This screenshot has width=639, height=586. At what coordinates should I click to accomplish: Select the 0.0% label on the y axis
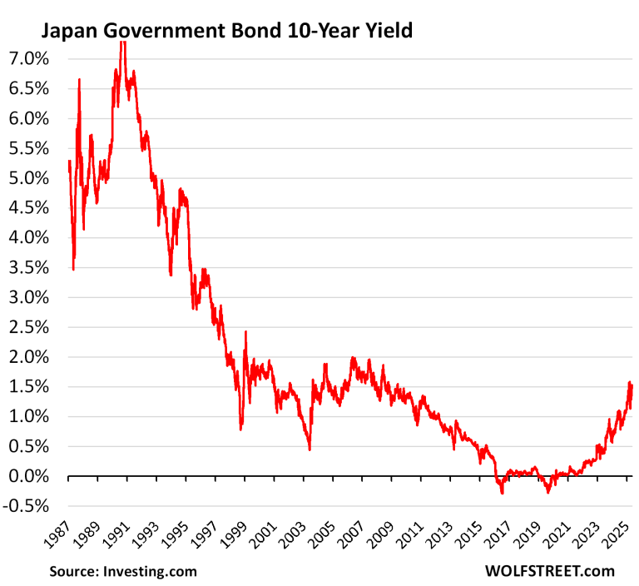[30, 476]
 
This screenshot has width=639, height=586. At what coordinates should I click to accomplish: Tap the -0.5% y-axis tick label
[28, 506]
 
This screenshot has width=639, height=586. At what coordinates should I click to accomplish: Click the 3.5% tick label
[30, 267]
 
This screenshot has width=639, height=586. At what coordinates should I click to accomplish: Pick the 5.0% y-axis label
[30, 178]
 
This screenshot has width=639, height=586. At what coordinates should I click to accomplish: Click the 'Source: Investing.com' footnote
[123, 571]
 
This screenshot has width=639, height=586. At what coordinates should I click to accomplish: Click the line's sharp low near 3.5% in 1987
[73, 269]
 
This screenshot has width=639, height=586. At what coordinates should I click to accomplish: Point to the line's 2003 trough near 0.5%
[310, 449]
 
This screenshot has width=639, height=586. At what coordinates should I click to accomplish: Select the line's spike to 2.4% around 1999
[245, 332]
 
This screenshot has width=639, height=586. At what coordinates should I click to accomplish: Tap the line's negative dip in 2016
[502, 493]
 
